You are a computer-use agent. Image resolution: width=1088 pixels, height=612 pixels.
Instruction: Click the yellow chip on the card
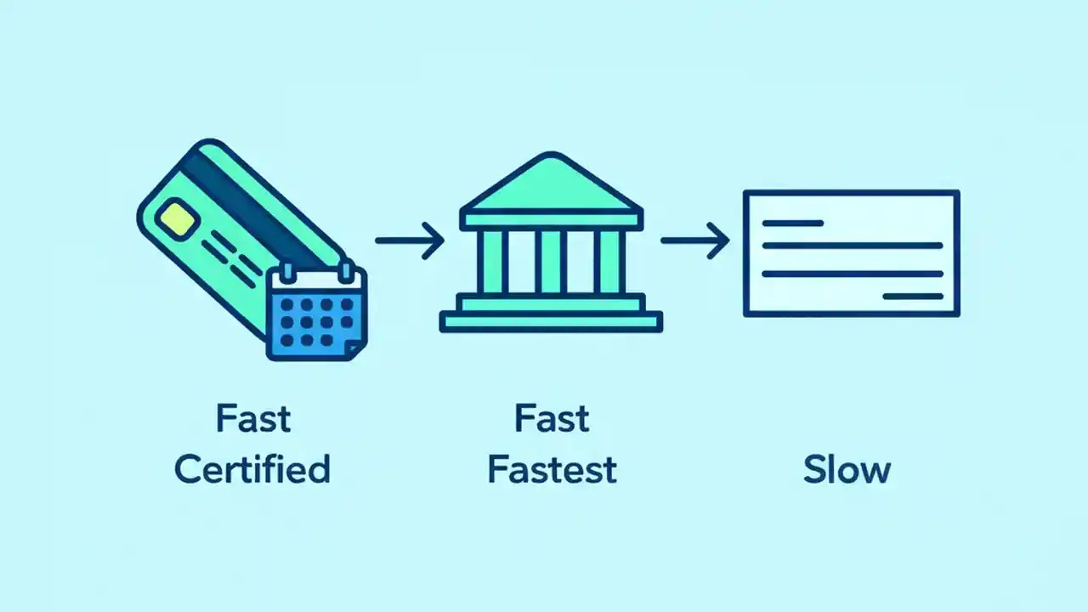pyautogui.click(x=178, y=218)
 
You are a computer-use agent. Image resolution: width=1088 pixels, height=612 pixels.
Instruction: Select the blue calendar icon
pyautogui.click(x=316, y=314)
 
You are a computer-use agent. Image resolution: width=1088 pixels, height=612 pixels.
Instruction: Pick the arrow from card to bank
pyautogui.click(x=410, y=241)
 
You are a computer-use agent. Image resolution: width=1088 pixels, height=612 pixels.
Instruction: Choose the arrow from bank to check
pyautogui.click(x=695, y=241)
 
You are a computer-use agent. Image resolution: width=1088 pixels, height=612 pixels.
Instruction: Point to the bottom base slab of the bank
pyautogui.click(x=551, y=322)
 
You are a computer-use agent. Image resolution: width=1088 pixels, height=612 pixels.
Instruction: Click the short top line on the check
pyautogui.click(x=792, y=224)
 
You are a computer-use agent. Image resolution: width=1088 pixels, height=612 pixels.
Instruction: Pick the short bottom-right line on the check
pyautogui.click(x=913, y=297)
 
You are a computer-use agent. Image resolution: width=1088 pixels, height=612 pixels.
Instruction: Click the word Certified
pyautogui.click(x=252, y=469)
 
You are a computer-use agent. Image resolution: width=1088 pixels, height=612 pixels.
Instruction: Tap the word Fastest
pyautogui.click(x=552, y=469)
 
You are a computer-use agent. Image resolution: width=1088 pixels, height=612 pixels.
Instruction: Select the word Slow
pyautogui.click(x=847, y=469)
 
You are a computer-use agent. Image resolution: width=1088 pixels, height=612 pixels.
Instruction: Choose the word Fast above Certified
pyautogui.click(x=252, y=419)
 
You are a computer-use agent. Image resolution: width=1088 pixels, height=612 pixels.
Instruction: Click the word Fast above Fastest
pyautogui.click(x=552, y=419)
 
